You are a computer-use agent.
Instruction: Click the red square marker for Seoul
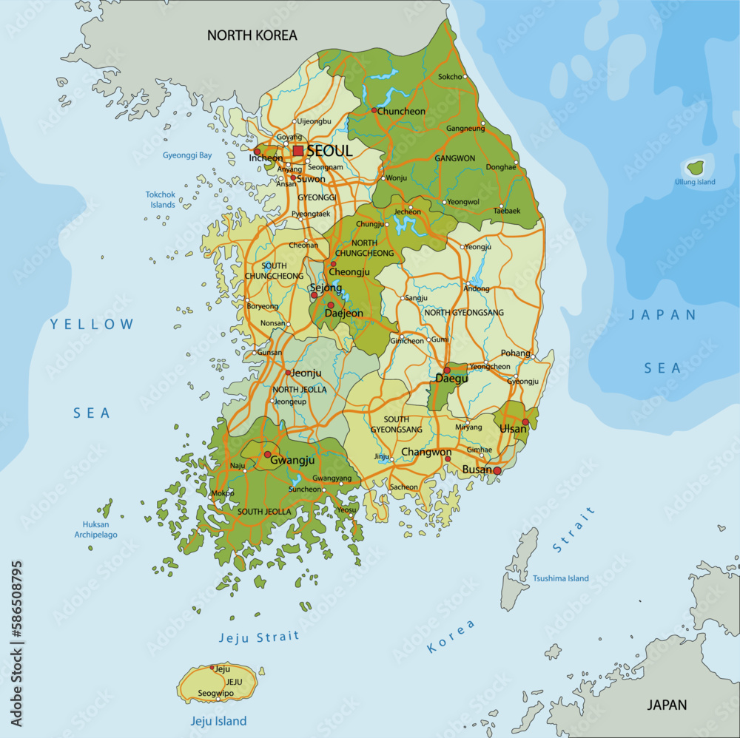[x=298, y=151]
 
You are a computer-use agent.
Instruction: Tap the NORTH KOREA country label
[x=252, y=35]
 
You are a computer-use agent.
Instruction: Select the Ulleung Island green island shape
[x=696, y=167]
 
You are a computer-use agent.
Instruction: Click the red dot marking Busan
[x=497, y=470]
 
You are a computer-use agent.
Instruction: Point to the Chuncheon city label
[x=402, y=112]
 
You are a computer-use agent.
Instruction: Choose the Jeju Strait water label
[x=259, y=637]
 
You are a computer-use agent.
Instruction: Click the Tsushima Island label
[x=561, y=578]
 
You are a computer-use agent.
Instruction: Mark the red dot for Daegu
[x=447, y=370]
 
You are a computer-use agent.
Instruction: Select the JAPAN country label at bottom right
[x=667, y=705]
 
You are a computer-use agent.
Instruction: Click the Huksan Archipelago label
[x=95, y=529]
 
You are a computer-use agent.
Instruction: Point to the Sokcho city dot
[x=465, y=77]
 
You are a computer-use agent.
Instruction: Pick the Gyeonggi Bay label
[x=187, y=155]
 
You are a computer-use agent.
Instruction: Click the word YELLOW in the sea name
[x=92, y=324]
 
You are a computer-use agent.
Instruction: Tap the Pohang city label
[x=516, y=353]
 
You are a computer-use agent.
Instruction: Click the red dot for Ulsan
[x=525, y=422]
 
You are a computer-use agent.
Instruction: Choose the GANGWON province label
[x=455, y=158]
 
